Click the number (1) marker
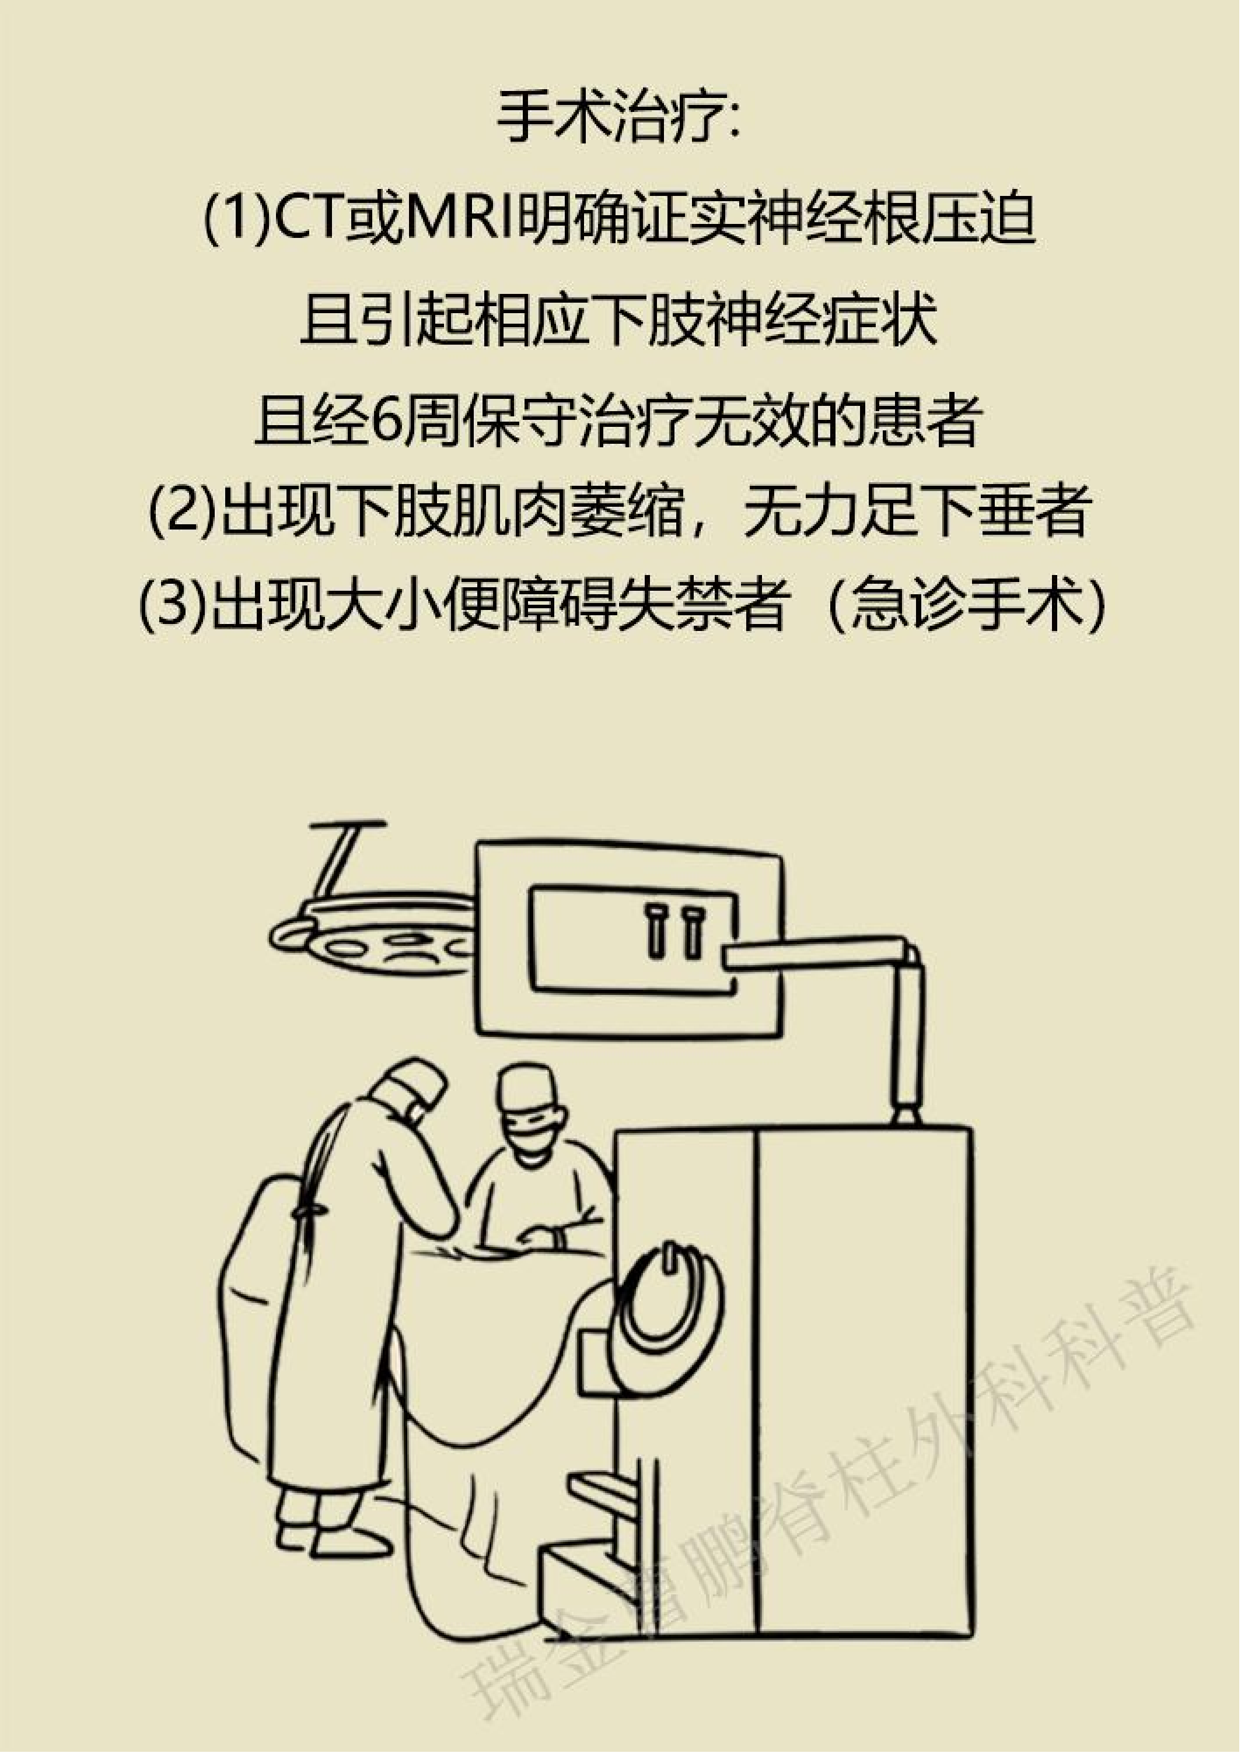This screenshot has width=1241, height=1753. click(237, 220)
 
